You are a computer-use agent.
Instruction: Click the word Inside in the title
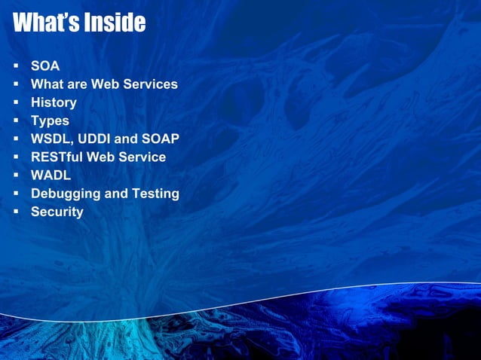pos(113,23)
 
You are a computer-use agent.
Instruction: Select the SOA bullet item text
pos(44,66)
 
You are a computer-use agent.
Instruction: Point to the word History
pos(54,102)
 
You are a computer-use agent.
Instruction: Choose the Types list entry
pos(50,121)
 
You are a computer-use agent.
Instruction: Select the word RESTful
pos(57,157)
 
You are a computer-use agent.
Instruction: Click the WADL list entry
pos(49,175)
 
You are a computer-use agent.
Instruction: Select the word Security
pos(57,212)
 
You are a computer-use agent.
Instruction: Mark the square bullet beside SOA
pos(15,66)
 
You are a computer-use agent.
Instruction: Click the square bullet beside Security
pos(15,212)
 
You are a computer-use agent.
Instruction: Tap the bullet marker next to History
pos(15,102)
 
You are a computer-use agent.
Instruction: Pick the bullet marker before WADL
pos(15,175)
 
